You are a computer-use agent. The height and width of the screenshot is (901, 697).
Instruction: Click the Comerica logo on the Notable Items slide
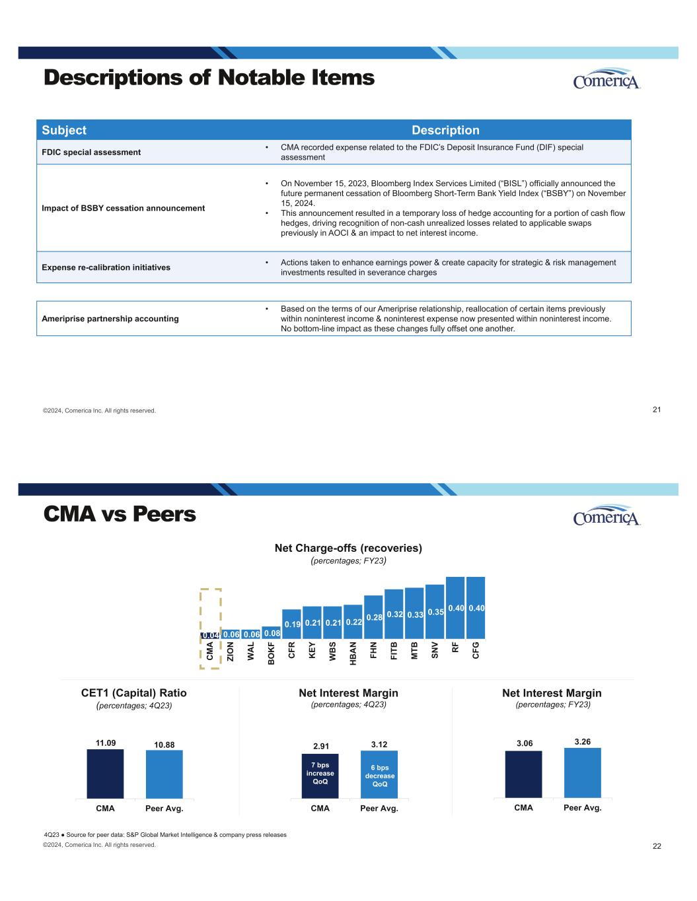(x=606, y=79)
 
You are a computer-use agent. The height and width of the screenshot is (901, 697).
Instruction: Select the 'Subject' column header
(x=64, y=130)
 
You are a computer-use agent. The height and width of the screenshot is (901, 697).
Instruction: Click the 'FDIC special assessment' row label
(x=91, y=152)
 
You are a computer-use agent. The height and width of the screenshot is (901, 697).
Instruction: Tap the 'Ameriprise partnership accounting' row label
(x=110, y=318)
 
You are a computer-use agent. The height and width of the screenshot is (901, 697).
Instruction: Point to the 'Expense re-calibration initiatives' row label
(x=106, y=267)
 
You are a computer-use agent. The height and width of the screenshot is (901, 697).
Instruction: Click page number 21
(x=657, y=410)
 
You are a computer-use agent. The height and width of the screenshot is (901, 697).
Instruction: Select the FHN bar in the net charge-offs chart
(x=373, y=617)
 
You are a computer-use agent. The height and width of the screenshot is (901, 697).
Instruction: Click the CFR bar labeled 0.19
(x=291, y=624)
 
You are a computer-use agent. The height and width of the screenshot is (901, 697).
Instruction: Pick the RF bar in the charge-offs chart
(x=455, y=608)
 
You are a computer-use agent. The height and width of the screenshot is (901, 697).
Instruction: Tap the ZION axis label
(x=231, y=651)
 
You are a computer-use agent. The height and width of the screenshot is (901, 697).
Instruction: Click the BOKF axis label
(x=271, y=653)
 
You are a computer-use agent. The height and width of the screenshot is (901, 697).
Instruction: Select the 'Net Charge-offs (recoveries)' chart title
(x=349, y=548)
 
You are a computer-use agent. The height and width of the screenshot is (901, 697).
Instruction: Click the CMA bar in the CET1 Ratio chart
(x=106, y=774)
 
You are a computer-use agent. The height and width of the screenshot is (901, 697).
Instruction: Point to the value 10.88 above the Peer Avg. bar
(x=165, y=745)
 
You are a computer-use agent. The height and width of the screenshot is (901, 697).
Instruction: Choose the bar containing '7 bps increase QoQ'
(x=320, y=776)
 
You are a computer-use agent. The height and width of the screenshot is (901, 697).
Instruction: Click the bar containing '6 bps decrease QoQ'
(x=379, y=774)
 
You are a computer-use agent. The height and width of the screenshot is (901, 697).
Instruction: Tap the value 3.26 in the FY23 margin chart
(x=583, y=742)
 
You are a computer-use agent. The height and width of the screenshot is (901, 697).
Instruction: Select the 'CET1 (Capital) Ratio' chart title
(x=134, y=693)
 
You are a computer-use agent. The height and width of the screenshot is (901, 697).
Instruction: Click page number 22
(x=657, y=846)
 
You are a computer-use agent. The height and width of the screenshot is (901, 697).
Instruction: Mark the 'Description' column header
(x=445, y=130)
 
